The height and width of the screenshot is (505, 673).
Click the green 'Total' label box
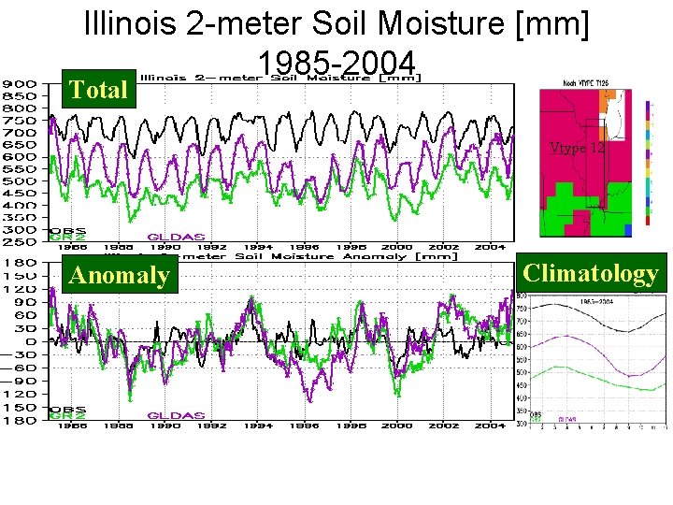98,90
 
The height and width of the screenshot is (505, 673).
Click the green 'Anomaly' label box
119,276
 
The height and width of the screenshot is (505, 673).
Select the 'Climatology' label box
591,273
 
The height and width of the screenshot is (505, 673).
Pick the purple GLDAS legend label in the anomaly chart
177,412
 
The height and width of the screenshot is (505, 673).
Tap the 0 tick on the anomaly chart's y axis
32,341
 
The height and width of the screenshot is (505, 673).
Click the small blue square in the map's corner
629,229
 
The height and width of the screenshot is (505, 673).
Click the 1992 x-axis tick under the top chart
212,248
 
